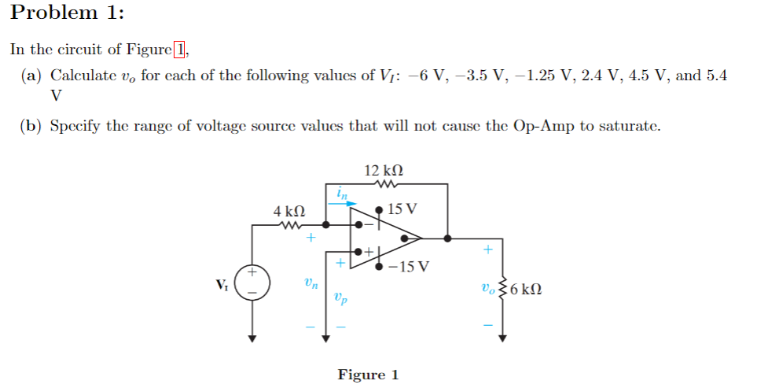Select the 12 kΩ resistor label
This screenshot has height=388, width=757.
(384, 170)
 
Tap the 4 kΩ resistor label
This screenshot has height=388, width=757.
(288, 212)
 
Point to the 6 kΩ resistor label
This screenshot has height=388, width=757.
(526, 289)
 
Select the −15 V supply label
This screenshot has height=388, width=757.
(409, 265)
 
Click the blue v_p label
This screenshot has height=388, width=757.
(340, 297)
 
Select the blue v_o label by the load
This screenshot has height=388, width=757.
(491, 288)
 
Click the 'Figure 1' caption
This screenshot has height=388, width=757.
(368, 375)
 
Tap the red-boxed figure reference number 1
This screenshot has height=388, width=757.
(180, 50)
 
